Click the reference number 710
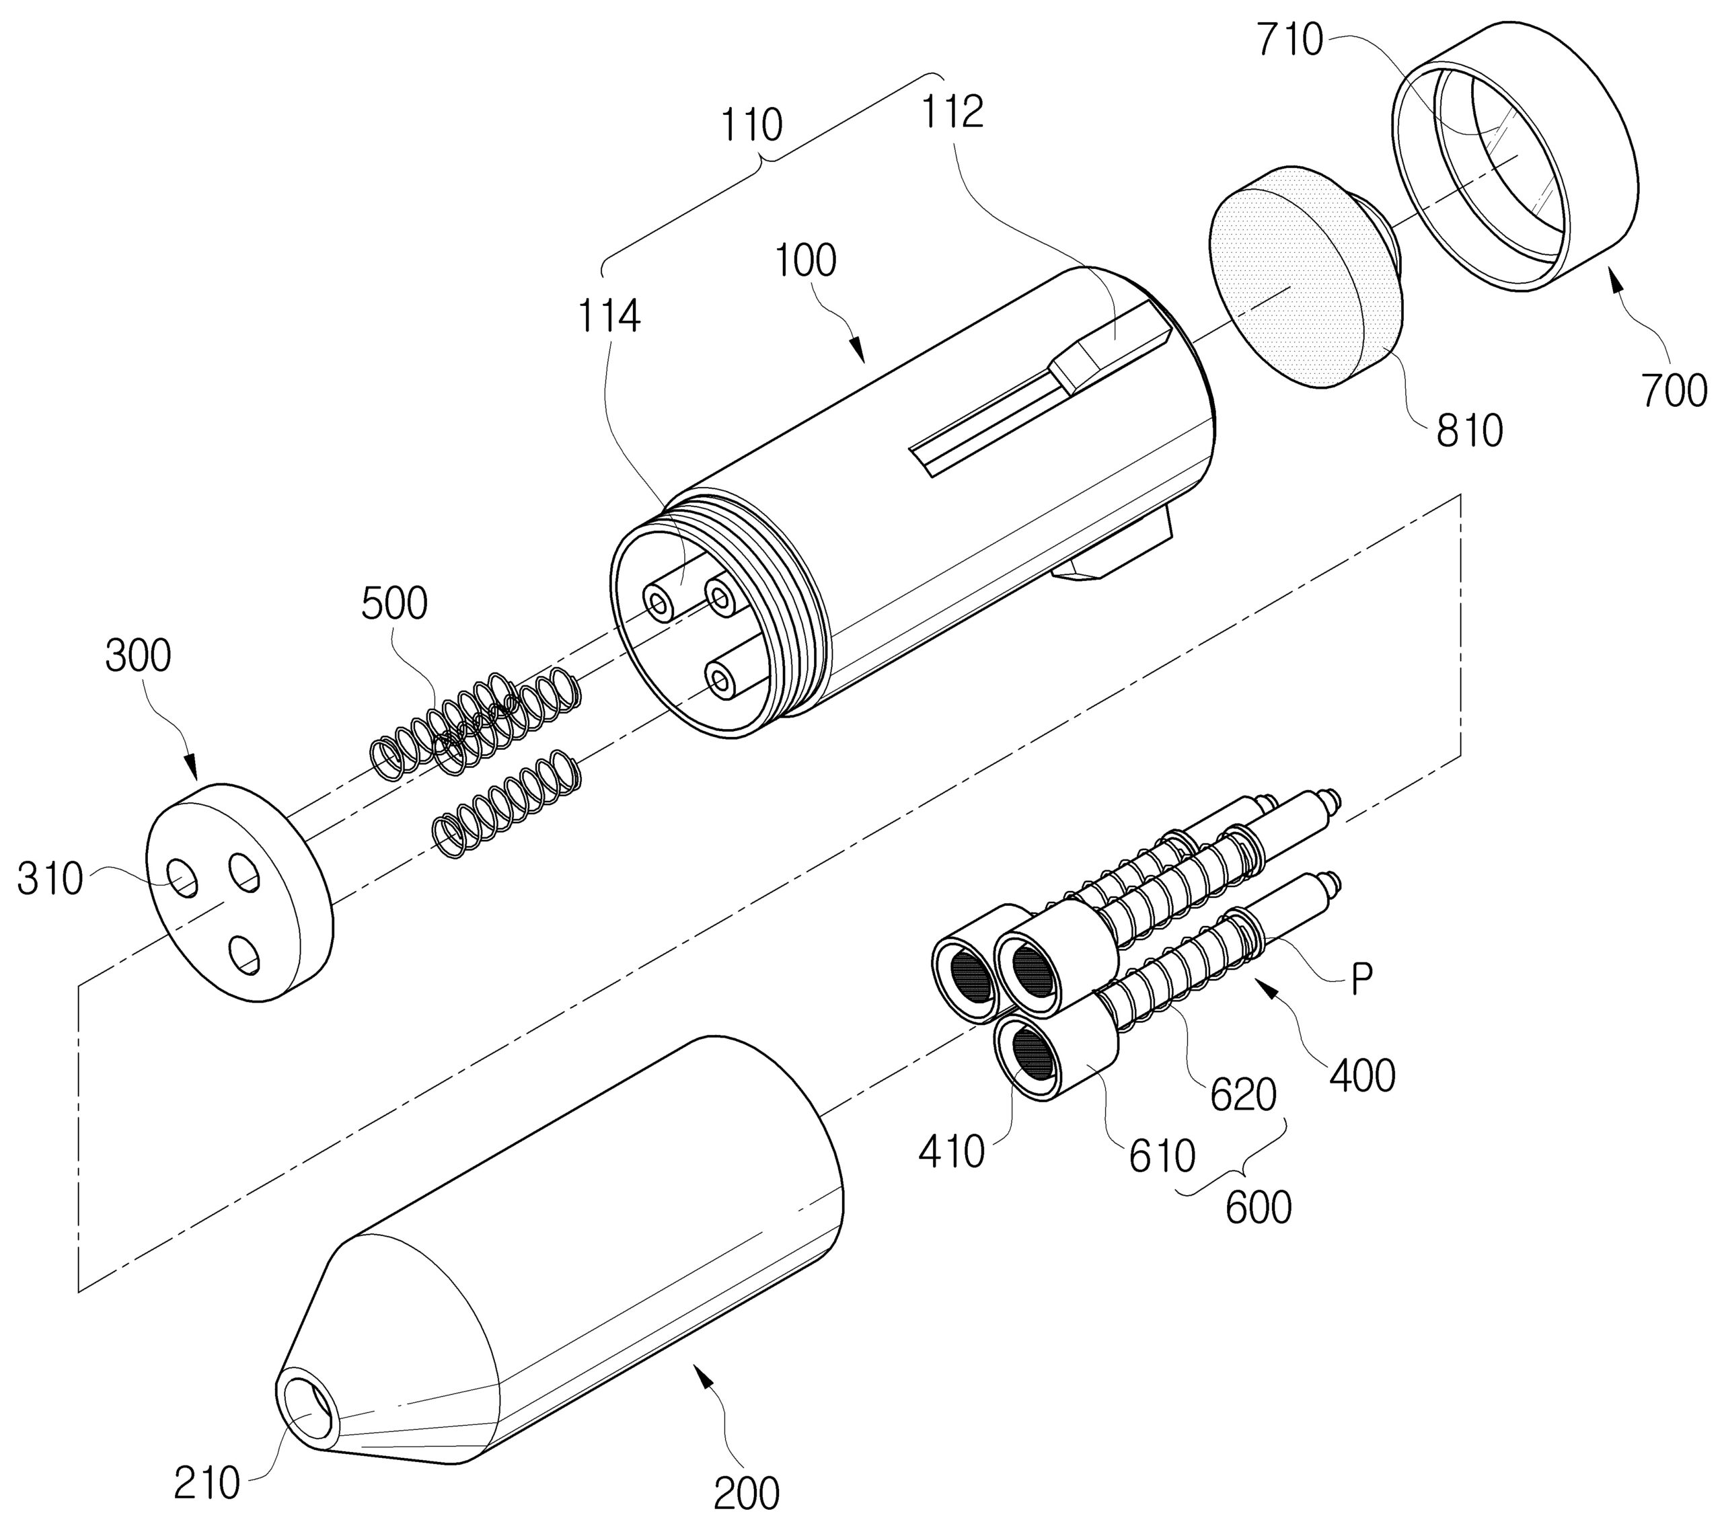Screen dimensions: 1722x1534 coord(1289,40)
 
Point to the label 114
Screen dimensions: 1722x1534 coord(609,317)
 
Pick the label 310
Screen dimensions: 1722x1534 coord(50,880)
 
